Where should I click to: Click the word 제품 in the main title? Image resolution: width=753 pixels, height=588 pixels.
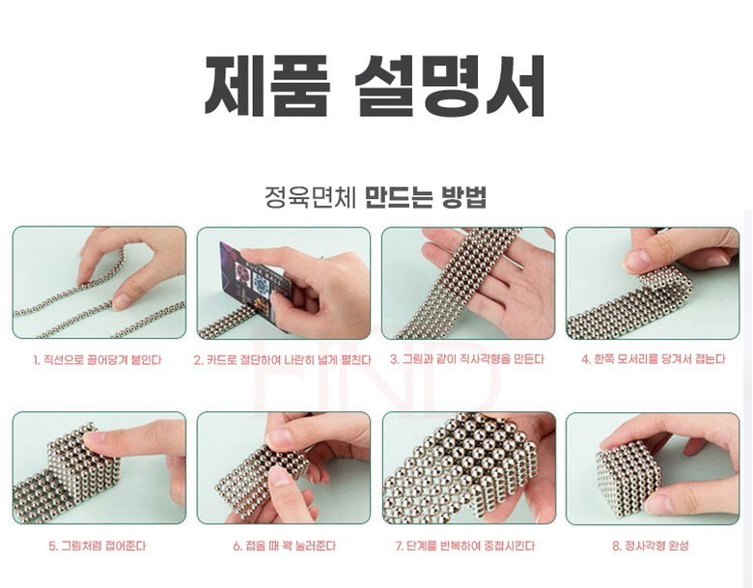[268, 86]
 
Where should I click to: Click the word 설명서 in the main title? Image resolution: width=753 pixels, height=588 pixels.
[450, 86]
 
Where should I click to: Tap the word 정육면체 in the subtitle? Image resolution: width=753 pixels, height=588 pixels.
[310, 196]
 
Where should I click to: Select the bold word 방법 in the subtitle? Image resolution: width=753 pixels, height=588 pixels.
[464, 196]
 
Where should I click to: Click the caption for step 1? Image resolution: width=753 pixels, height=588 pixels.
[98, 359]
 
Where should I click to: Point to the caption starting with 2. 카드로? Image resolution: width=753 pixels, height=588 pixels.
[283, 359]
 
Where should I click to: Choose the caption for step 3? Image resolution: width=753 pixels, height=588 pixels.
[467, 359]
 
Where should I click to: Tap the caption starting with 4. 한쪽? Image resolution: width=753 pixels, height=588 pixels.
[654, 359]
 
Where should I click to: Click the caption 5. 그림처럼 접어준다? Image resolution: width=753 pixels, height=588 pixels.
[98, 546]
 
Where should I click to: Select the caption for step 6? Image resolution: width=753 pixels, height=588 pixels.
[284, 546]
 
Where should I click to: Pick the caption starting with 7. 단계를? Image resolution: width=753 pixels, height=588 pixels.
[465, 546]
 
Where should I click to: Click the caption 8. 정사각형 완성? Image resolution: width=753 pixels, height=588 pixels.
[651, 546]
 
